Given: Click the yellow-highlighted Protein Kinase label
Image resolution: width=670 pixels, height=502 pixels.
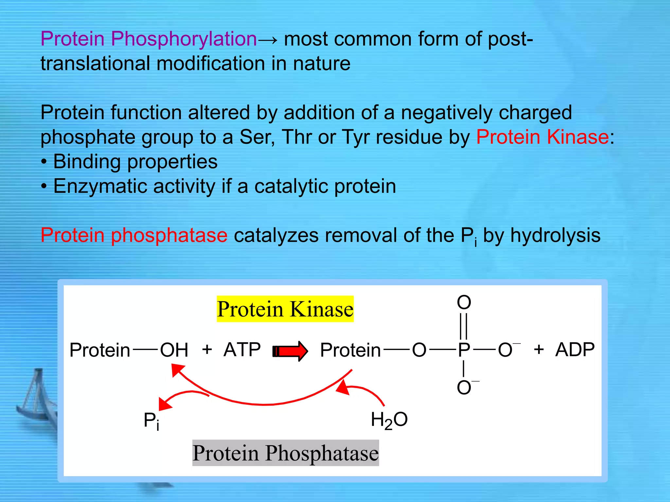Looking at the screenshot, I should [x=285, y=309].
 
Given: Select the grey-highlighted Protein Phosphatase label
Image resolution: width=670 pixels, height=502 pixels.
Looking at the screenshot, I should [x=285, y=453].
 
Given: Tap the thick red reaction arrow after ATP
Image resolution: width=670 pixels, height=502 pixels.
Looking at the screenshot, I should [x=290, y=351].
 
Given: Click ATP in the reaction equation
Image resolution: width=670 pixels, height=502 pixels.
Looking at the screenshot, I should [x=242, y=349].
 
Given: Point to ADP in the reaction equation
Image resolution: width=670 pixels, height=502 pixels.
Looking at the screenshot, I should [x=575, y=349].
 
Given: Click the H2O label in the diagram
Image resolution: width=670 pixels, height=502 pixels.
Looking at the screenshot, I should [x=389, y=420].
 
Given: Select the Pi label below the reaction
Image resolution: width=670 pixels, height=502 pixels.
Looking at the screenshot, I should [x=151, y=421].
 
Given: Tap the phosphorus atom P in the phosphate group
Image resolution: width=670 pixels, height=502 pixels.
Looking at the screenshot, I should [x=464, y=350].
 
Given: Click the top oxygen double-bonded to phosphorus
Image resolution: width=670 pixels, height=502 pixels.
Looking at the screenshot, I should [x=464, y=302].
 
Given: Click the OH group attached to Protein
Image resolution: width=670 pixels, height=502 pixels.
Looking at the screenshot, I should [x=174, y=350].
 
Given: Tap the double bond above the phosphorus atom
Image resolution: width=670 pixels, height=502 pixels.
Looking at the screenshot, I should [x=464, y=326].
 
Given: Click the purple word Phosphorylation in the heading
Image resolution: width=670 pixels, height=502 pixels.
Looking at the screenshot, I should [x=184, y=39].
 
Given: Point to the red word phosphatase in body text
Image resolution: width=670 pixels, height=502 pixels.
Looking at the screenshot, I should [x=169, y=235].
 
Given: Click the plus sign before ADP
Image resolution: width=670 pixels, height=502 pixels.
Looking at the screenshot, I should [x=539, y=349].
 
